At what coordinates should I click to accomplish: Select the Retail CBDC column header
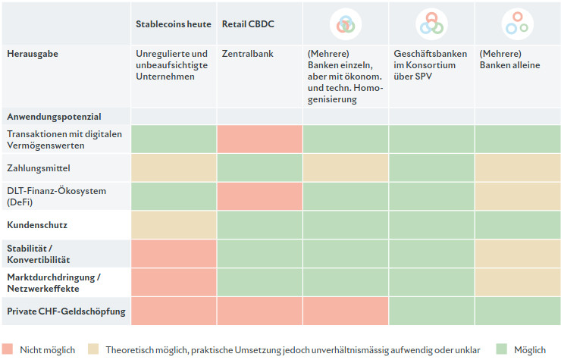[248, 24]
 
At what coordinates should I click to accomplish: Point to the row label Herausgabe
[33, 55]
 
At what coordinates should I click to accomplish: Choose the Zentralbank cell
[247, 55]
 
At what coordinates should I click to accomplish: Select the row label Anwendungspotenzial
[54, 117]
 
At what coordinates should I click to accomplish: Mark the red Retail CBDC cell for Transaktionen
[259, 139]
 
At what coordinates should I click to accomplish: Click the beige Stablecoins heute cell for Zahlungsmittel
[174, 167]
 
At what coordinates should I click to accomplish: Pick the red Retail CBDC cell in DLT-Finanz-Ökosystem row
[259, 196]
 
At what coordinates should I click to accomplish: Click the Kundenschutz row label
[37, 225]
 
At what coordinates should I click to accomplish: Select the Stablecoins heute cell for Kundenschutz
[174, 225]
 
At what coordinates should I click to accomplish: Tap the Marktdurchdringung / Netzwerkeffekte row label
[53, 282]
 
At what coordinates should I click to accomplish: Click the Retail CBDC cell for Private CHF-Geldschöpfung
[259, 311]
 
